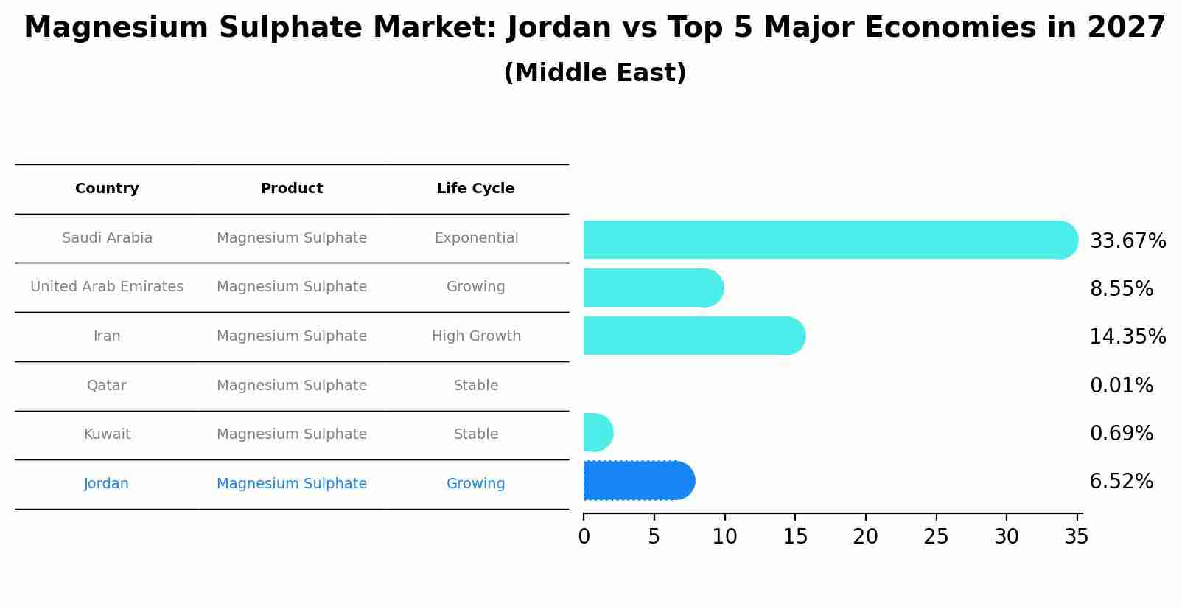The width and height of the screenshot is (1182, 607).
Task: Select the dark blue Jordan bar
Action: coord(638,481)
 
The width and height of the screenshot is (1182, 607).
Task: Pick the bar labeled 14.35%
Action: coord(693,336)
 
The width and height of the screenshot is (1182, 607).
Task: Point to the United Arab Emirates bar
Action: coord(653,288)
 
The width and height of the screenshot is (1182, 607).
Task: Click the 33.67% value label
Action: coord(1127,241)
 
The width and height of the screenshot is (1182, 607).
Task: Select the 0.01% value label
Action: coord(1121,386)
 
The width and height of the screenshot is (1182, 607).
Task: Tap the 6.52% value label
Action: coord(1121,482)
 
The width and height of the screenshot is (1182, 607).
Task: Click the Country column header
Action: coord(107,189)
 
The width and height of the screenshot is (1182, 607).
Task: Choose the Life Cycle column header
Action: coord(475,189)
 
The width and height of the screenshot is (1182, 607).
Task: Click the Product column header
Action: coord(292,189)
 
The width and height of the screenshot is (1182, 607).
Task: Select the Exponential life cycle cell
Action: coord(476,238)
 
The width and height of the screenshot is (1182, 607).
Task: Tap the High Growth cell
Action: coord(476,336)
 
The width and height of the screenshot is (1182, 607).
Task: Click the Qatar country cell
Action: coord(107,386)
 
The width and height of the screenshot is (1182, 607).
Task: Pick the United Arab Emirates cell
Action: coord(107,287)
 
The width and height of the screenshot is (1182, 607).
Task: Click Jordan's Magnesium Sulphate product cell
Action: coord(292,484)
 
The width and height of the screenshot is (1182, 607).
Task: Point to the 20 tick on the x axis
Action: coord(865,537)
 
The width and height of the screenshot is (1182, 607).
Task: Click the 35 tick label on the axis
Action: coord(1077,537)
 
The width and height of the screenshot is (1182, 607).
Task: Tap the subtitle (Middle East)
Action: coord(595,73)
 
